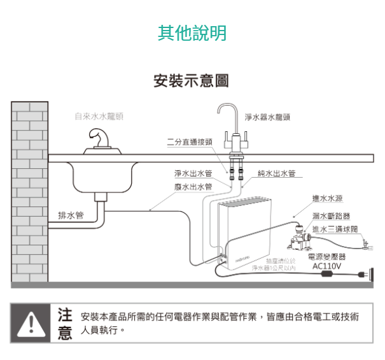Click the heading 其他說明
[x=192, y=32]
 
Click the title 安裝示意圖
[x=192, y=82]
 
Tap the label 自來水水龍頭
[x=99, y=117]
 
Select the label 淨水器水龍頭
[x=267, y=117]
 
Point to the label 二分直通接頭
[x=190, y=141]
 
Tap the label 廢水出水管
[x=193, y=187]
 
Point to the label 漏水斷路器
[x=331, y=216]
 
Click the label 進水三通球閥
[x=335, y=229]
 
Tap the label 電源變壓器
[x=326, y=257]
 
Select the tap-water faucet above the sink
[x=99, y=138]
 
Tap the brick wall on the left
[x=30, y=191]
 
